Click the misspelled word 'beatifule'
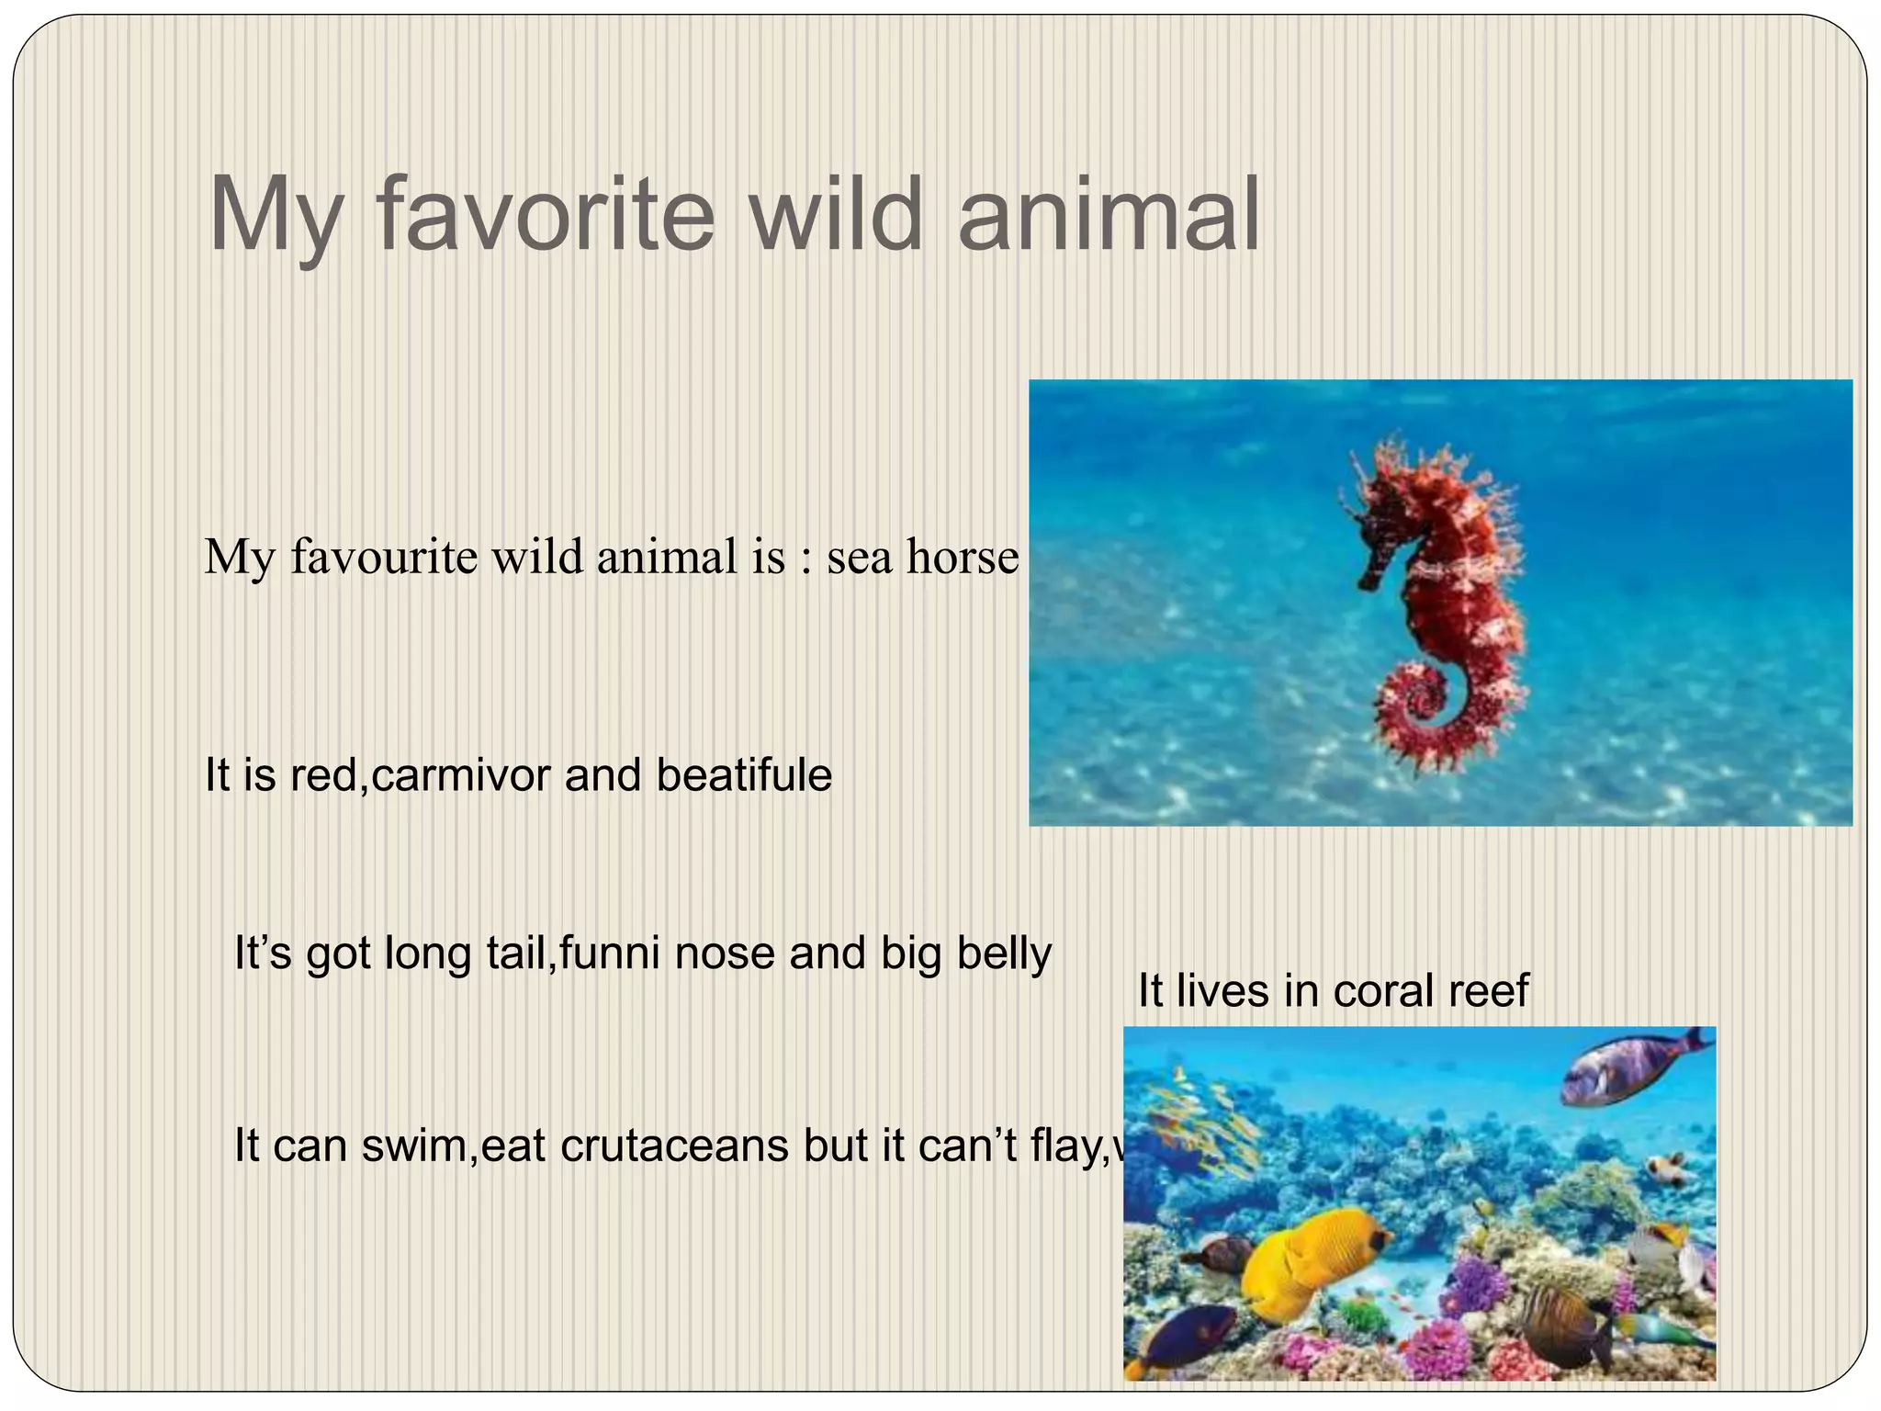pyautogui.click(x=744, y=774)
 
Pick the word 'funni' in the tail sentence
pyautogui.click(x=609, y=953)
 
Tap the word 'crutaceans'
pyautogui.click(x=674, y=1146)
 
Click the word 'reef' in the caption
pyautogui.click(x=1494, y=990)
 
